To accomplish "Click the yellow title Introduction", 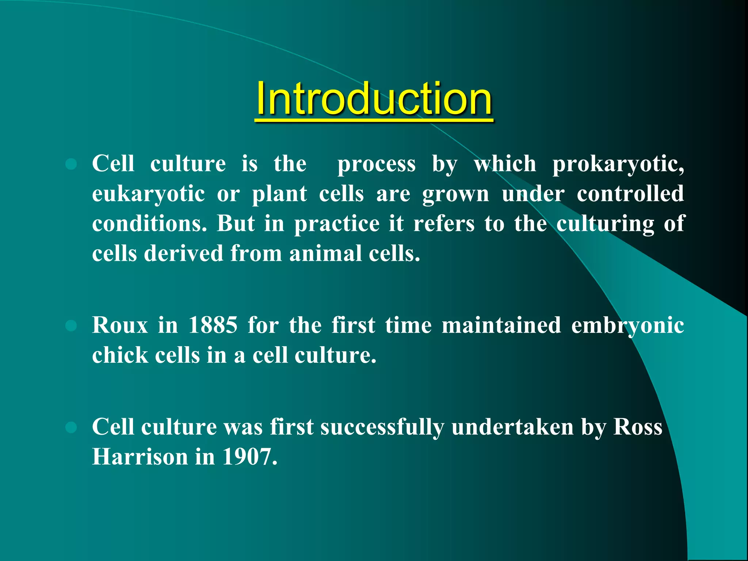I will [x=374, y=99].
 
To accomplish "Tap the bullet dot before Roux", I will [x=71, y=325].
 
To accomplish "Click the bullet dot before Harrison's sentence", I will [x=71, y=427].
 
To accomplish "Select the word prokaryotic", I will [x=618, y=164].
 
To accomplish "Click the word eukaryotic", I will [x=148, y=194].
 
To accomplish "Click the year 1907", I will [x=249, y=457].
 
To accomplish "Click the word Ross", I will [x=637, y=427].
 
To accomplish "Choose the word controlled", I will [x=630, y=194].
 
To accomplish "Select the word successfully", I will [x=382, y=427].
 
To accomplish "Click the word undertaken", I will [x=512, y=427].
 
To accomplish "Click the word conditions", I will [x=149, y=224].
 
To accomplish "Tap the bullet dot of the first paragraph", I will [x=71, y=164].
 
